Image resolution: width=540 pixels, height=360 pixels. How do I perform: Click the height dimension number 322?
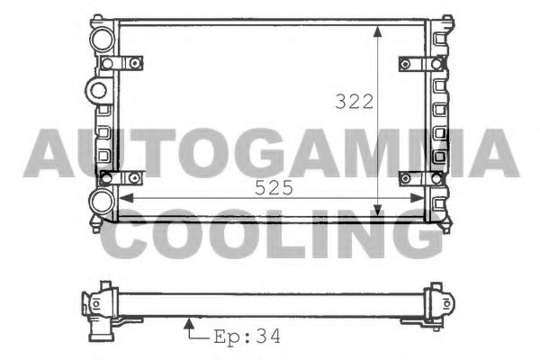354,102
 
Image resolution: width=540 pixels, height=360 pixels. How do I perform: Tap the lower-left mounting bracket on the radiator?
122,177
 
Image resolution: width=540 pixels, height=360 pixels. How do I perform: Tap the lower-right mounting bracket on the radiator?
419,177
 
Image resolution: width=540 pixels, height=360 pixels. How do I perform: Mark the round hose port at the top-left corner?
102,39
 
